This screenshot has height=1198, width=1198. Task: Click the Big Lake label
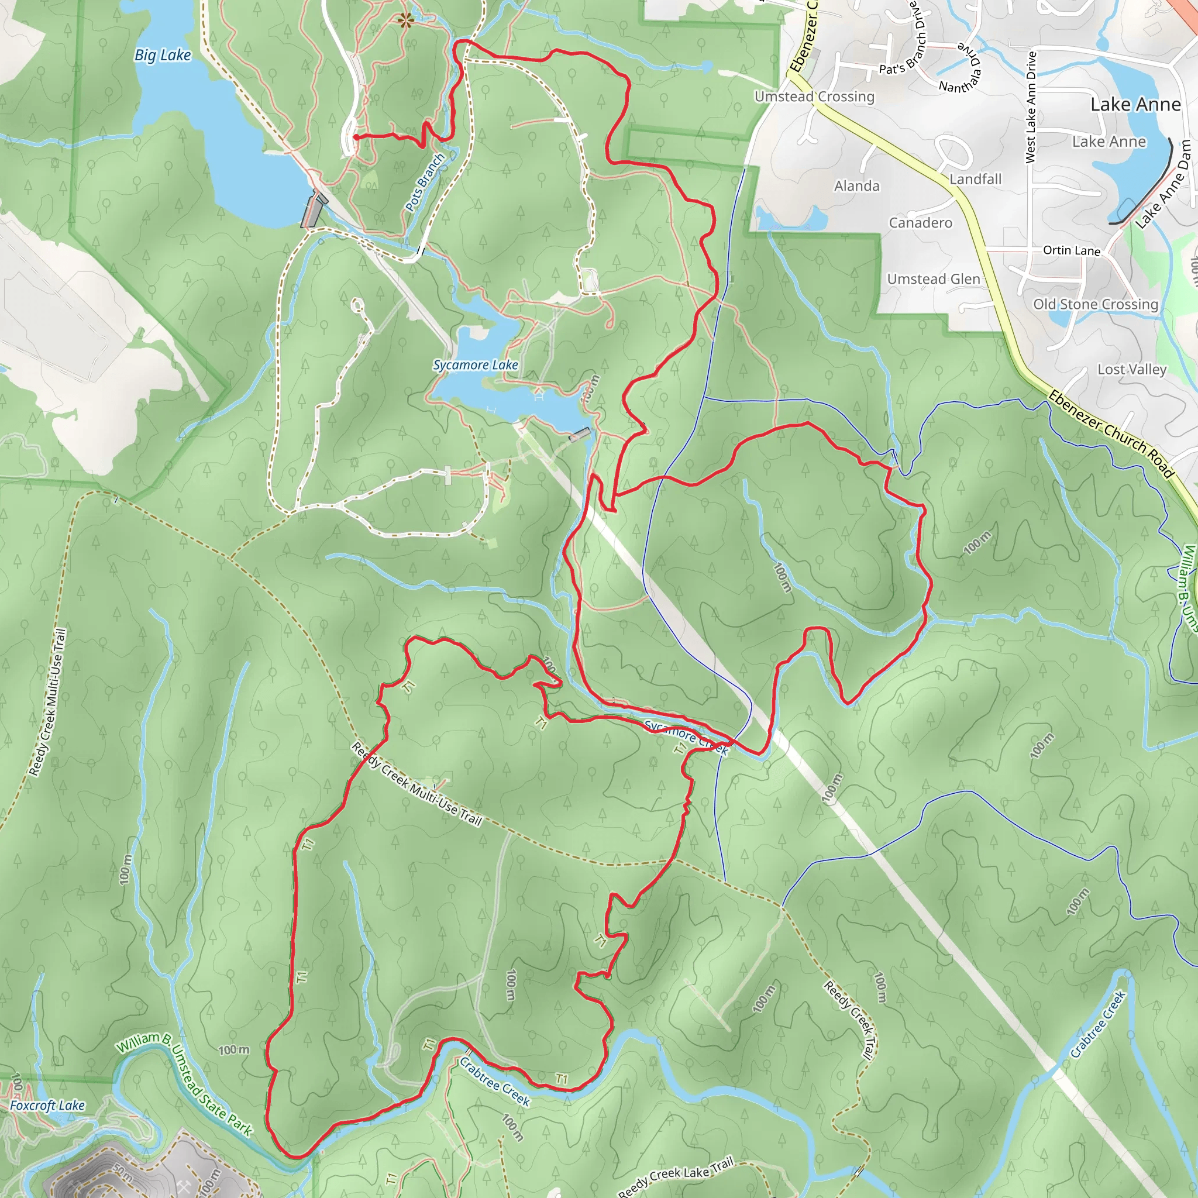[163, 55]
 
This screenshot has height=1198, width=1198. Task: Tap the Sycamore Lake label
[476, 365]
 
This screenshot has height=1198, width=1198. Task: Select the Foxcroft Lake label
[47, 1105]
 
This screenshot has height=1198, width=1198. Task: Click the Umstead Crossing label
[814, 97]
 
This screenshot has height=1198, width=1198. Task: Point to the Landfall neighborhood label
[975, 179]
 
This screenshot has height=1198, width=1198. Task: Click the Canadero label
[920, 223]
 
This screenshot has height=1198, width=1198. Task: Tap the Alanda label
[856, 186]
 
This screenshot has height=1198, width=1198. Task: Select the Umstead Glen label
[933, 279]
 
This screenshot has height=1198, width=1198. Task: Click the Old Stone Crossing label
[1095, 304]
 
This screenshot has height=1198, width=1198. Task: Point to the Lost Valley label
[1132, 370]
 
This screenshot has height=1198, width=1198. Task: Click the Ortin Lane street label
[1072, 250]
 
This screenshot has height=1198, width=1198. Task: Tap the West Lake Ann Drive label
[1031, 107]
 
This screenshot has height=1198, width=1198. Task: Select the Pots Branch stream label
[425, 183]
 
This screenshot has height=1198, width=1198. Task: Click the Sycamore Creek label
[686, 736]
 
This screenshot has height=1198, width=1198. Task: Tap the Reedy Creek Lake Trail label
[675, 1176]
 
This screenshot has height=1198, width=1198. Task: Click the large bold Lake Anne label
[1135, 104]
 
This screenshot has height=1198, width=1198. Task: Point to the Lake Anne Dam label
[1163, 185]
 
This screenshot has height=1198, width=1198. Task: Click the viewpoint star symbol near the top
[405, 20]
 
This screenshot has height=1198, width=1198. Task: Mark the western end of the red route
[355, 136]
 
